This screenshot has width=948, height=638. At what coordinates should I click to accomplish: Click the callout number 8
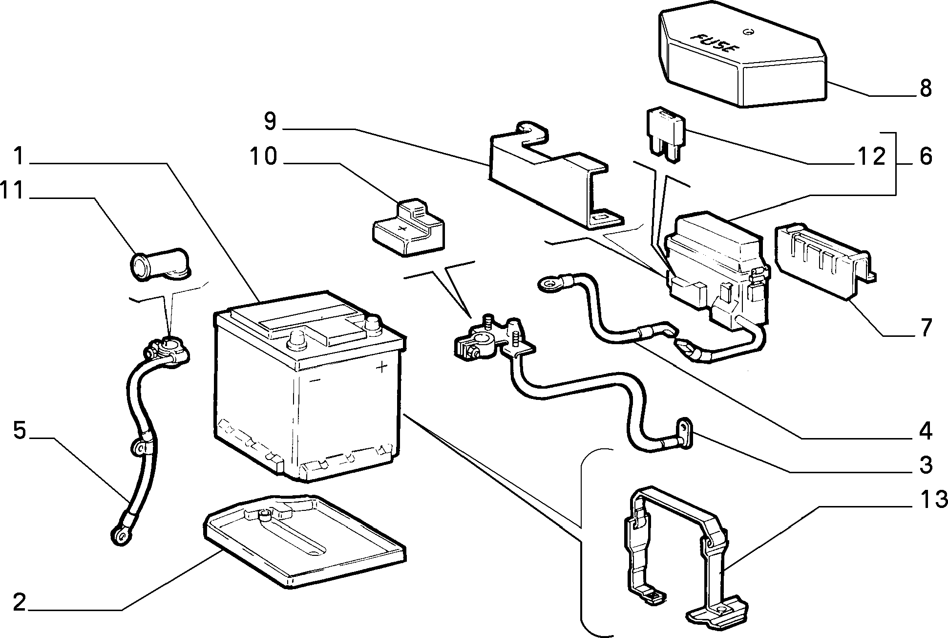coord(925,88)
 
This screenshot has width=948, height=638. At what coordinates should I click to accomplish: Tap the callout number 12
coord(871,156)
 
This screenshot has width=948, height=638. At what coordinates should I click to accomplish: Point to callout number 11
coord(12,191)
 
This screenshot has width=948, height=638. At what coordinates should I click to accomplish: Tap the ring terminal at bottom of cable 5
coord(120,535)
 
